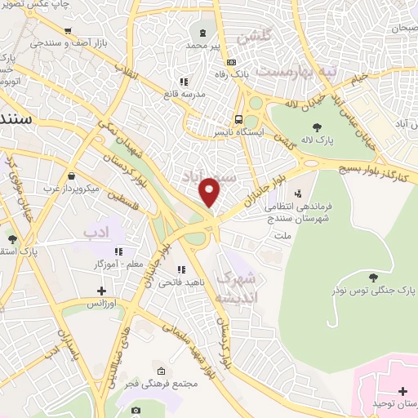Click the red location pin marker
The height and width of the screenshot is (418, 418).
click(210, 192)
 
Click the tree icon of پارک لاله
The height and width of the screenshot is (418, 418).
click(315, 126)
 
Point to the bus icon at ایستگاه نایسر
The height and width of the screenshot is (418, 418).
click(238, 117)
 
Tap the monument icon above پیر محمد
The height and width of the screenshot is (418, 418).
click(202, 33)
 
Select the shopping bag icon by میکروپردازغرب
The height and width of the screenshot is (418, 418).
click(72, 176)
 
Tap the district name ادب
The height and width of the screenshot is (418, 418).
click(96, 233)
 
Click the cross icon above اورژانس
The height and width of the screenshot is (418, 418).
click(101, 290)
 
